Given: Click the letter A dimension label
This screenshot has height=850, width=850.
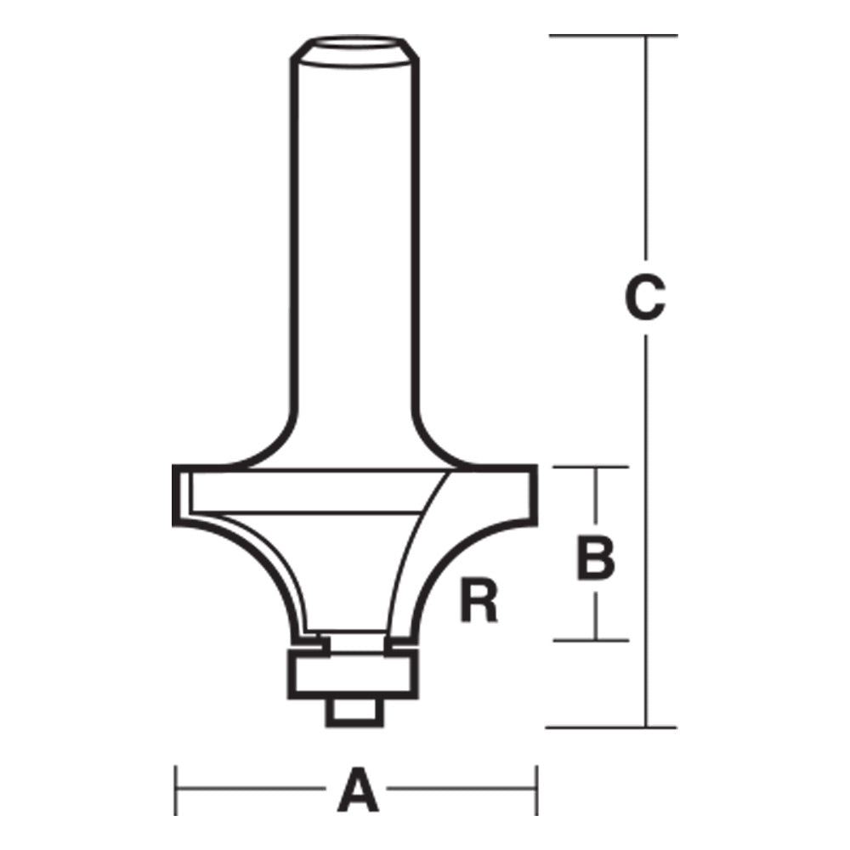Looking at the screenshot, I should [x=357, y=790].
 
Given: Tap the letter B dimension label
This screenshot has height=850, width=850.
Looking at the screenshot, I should [x=595, y=557].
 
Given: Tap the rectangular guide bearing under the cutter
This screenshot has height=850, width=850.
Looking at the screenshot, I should [x=353, y=675].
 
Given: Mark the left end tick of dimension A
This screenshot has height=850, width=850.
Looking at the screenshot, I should [x=176, y=790].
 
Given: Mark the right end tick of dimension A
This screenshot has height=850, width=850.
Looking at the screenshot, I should [x=536, y=790].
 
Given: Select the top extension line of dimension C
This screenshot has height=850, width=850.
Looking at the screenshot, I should [x=612, y=36].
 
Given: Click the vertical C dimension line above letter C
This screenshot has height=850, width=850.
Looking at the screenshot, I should [x=647, y=153].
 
